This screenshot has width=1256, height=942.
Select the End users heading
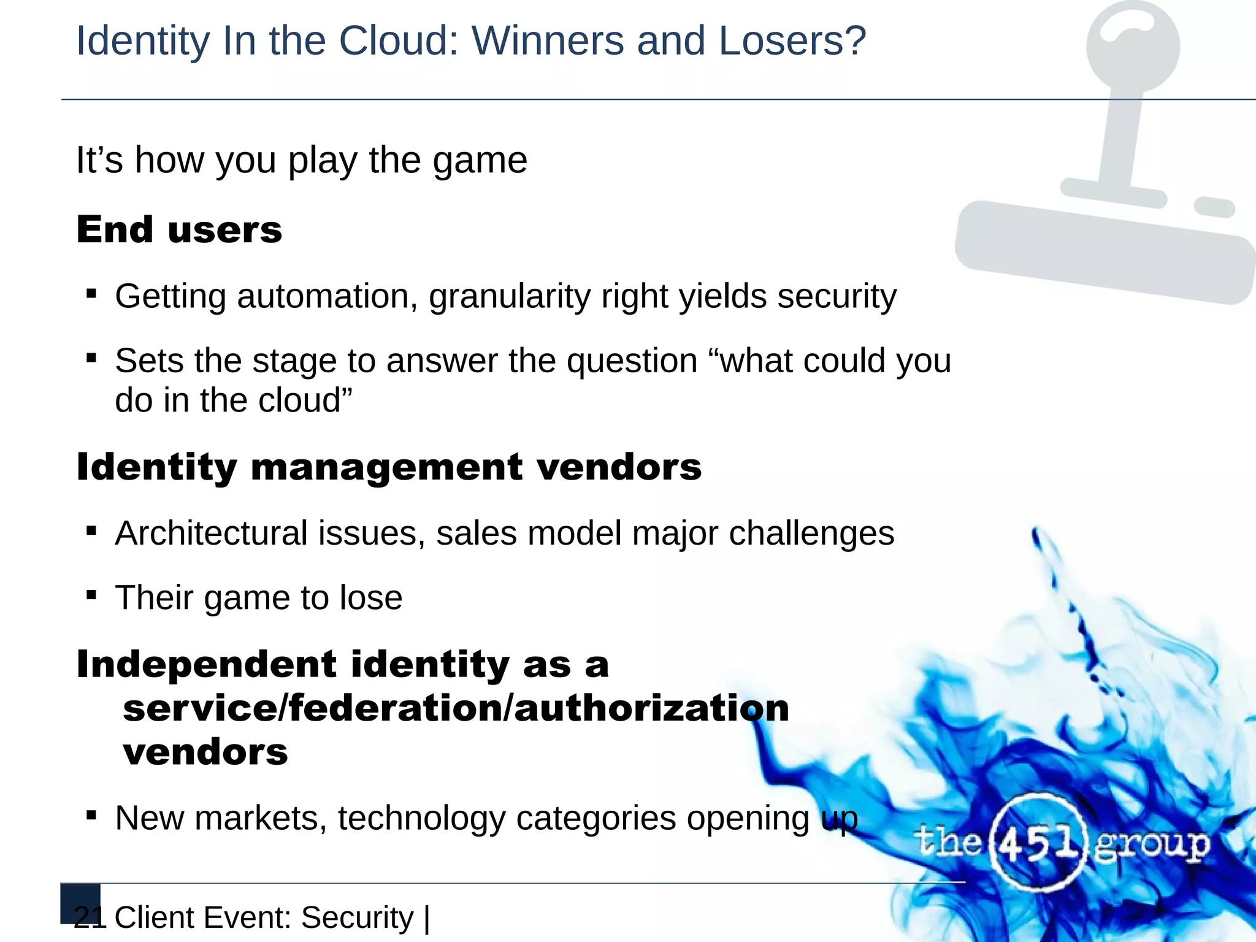tap(179, 230)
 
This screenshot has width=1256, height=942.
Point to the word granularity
tap(509, 297)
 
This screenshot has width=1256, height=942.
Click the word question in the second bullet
tap(632, 362)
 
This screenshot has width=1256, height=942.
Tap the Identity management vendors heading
tap(389, 467)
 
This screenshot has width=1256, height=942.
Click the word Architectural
tap(211, 533)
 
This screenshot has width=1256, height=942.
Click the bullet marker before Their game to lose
tap(91, 594)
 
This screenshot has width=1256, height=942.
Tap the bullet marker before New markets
tap(91, 815)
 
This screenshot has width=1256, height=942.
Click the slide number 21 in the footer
tap(90, 917)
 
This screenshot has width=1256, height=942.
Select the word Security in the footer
tap(358, 918)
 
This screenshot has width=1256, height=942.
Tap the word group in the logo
tap(1152, 845)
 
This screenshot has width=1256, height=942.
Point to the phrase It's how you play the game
tap(301, 161)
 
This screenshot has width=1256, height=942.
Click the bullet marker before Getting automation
tap(91, 294)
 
